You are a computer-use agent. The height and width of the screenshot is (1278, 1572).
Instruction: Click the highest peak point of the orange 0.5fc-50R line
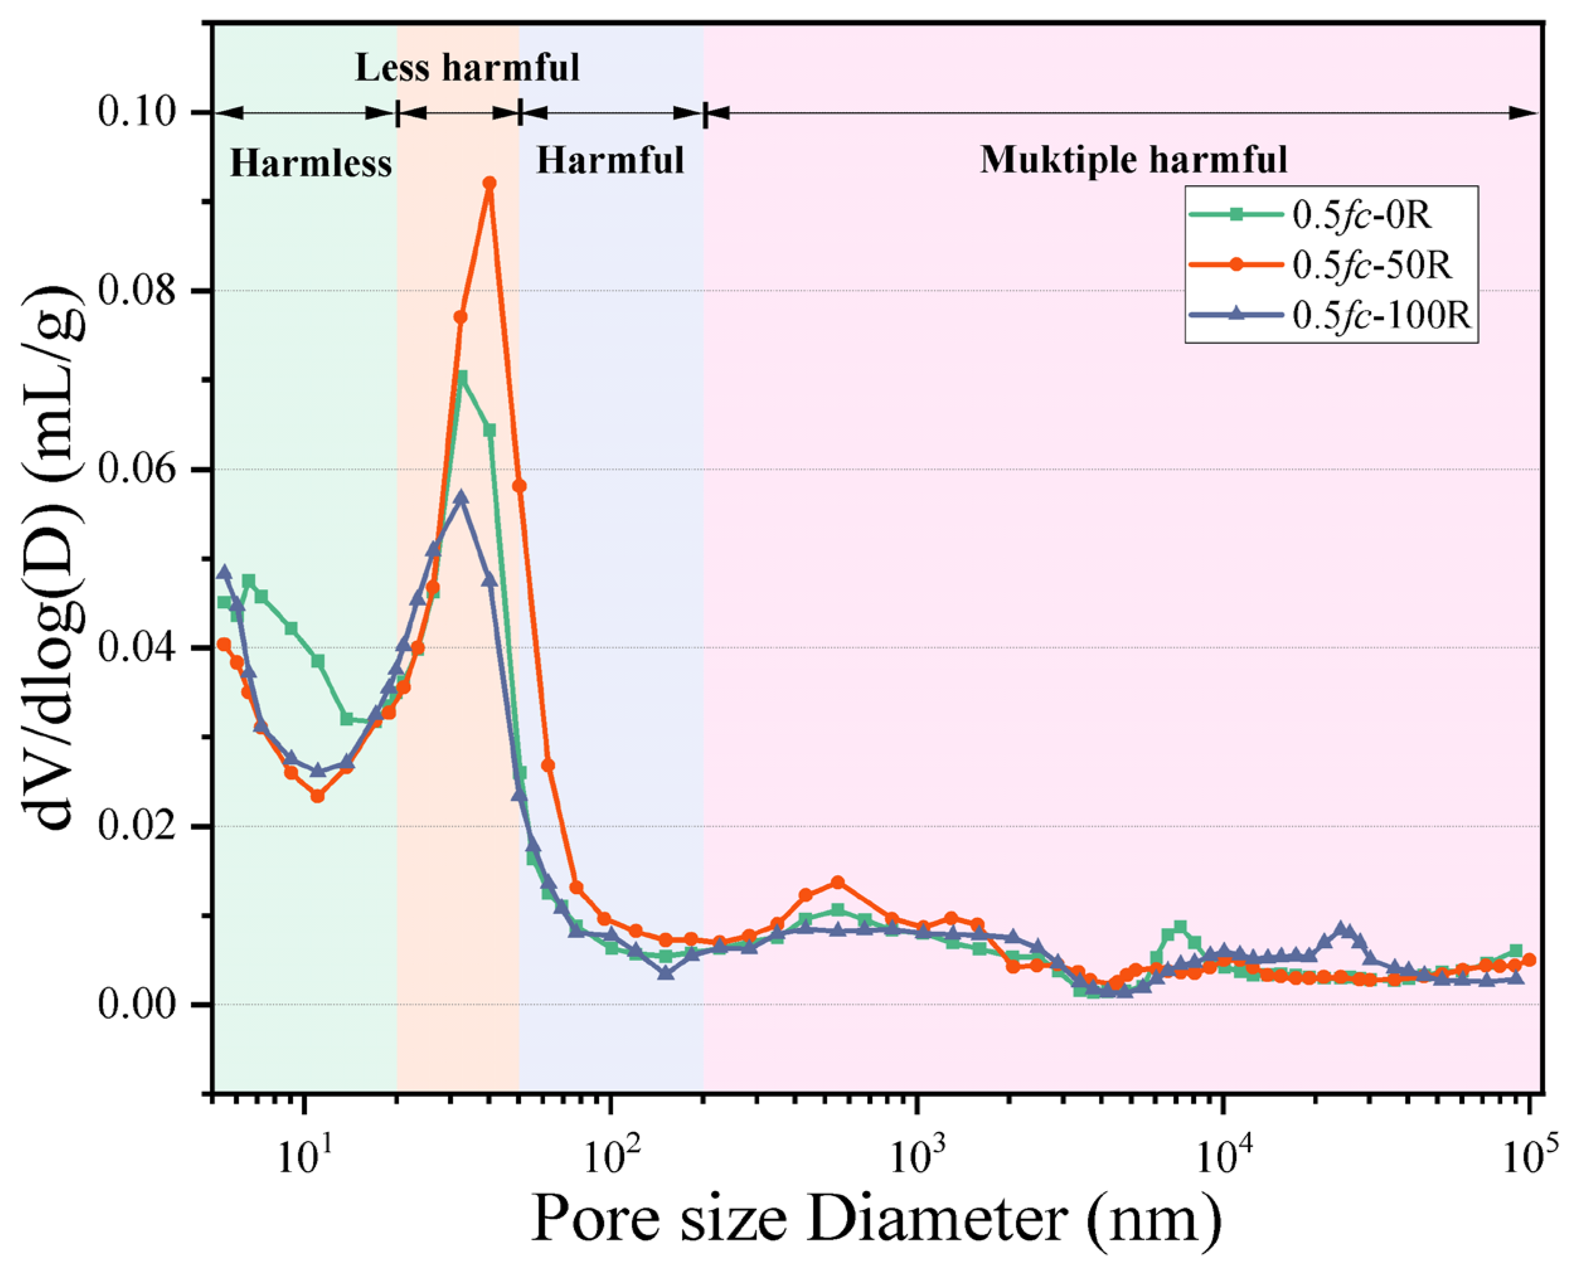(489, 183)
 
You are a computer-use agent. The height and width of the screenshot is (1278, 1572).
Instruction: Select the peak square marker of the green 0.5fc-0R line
(462, 377)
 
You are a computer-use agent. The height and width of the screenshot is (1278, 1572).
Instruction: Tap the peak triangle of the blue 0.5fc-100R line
(462, 497)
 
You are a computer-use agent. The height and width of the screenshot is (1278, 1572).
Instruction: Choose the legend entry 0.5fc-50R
(1371, 266)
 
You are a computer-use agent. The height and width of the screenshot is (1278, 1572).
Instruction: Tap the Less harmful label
(467, 68)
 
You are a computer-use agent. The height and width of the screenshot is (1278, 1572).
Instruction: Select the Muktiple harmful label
(1133, 160)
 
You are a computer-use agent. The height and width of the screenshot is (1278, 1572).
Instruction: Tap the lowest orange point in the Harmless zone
(317, 796)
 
